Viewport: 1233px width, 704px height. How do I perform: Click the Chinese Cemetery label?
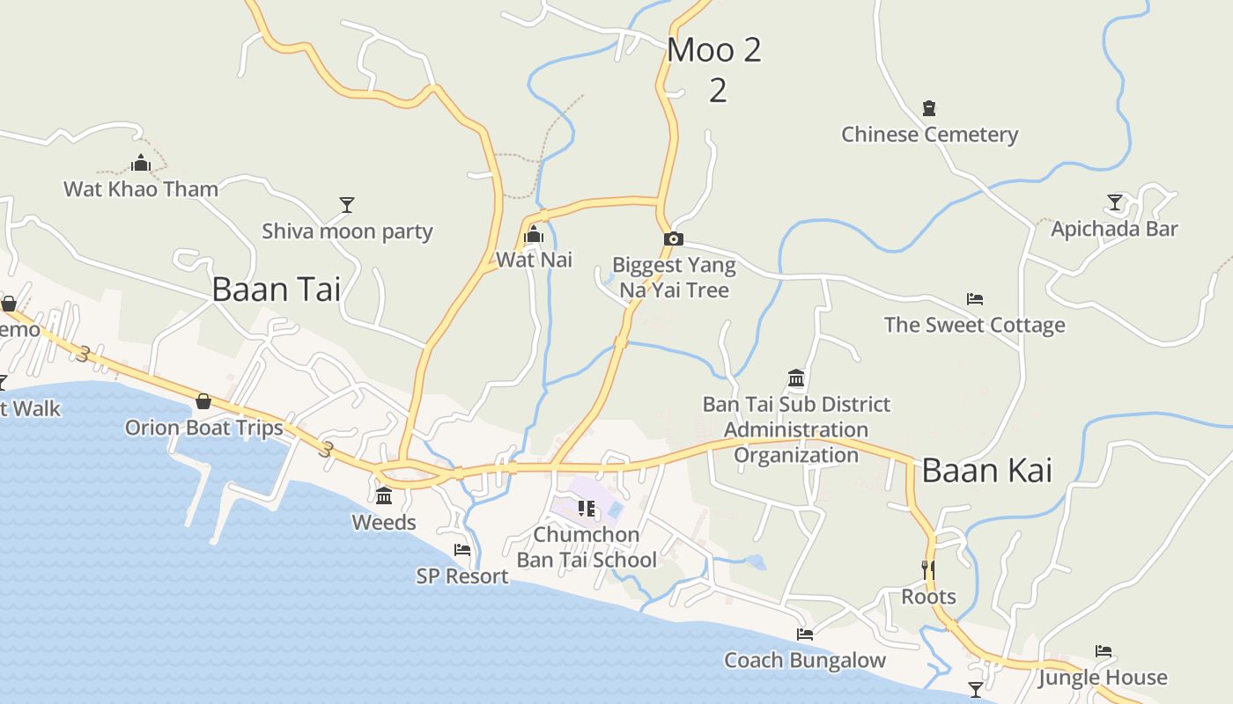point(929,135)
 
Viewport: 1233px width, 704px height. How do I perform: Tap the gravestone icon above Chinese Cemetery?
point(928,108)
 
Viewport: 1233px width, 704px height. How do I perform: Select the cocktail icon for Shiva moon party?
point(347,205)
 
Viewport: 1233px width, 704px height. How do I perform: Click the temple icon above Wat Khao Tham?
point(141,163)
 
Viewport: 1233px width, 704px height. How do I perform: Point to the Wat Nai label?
point(534,260)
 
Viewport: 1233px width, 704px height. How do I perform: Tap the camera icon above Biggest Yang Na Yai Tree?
point(673,238)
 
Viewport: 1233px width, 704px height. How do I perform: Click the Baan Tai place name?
point(276,290)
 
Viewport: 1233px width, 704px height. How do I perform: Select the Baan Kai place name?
point(986,471)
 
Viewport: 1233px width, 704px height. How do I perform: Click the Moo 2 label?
point(714,50)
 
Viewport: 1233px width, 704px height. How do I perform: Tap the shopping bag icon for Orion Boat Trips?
point(203,401)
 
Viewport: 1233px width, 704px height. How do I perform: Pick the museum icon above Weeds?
point(384,496)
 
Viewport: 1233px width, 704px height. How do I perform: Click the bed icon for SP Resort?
point(462,550)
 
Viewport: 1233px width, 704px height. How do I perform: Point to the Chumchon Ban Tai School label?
point(587,547)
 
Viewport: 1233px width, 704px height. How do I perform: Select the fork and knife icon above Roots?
point(928,569)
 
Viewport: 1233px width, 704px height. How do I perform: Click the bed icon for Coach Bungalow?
point(804,634)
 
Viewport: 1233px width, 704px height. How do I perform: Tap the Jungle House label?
point(1102,678)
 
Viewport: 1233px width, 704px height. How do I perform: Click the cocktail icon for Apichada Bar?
point(1115,202)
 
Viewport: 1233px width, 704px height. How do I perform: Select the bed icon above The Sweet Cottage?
point(974,299)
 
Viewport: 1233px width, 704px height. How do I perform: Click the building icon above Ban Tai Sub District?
point(796,378)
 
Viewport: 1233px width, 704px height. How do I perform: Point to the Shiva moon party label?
point(347,231)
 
